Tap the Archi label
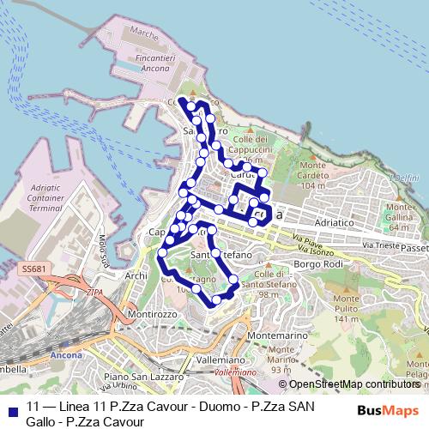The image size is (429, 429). [136, 276]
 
